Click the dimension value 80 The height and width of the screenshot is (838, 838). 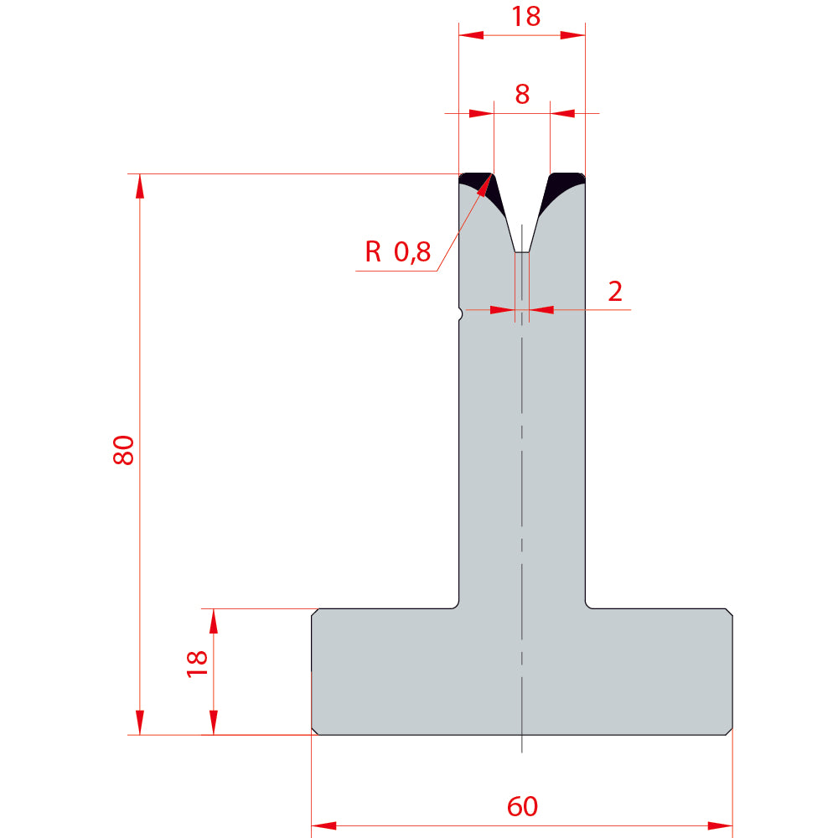[123, 450]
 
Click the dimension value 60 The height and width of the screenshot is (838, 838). [522, 806]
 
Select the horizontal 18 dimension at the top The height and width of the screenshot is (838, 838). [526, 16]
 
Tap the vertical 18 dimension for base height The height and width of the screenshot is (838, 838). [197, 664]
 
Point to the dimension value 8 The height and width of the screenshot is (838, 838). [522, 94]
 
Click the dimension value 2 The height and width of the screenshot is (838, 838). [615, 292]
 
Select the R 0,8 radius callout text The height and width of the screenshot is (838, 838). [397, 251]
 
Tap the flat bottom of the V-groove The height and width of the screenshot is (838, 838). [521, 251]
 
